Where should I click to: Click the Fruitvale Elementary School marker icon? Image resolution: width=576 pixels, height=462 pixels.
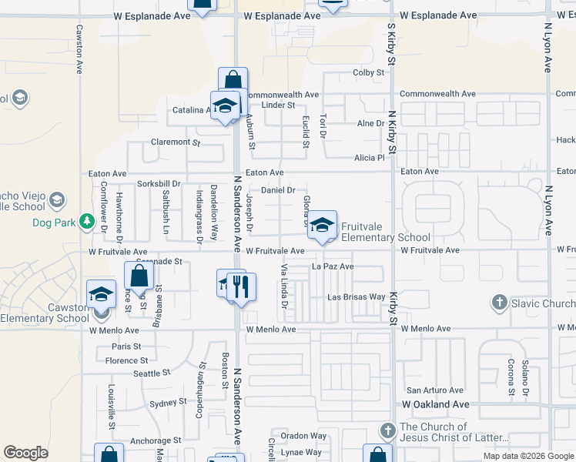[323, 225]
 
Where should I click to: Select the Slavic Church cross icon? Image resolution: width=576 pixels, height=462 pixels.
[499, 303]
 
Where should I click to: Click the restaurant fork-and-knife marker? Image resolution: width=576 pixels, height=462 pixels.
[242, 287]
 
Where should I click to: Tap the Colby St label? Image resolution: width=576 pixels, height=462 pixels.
[368, 72]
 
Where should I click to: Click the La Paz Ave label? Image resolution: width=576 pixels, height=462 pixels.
[332, 266]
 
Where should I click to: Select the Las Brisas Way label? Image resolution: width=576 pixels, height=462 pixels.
[356, 296]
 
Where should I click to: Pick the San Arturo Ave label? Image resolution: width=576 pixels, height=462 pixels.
[435, 390]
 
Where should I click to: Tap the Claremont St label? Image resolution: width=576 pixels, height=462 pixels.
[176, 142]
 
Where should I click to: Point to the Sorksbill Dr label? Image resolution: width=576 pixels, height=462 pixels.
[158, 184]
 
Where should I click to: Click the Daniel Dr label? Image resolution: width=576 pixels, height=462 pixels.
[279, 189]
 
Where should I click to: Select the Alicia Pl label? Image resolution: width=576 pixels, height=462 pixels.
[369, 158]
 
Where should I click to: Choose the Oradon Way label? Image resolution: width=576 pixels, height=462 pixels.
[303, 435]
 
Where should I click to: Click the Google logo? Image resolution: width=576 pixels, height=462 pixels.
[25, 453]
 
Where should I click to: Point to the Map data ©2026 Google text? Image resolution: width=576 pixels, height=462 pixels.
[527, 456]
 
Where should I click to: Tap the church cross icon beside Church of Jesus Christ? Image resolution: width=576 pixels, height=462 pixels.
[388, 428]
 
